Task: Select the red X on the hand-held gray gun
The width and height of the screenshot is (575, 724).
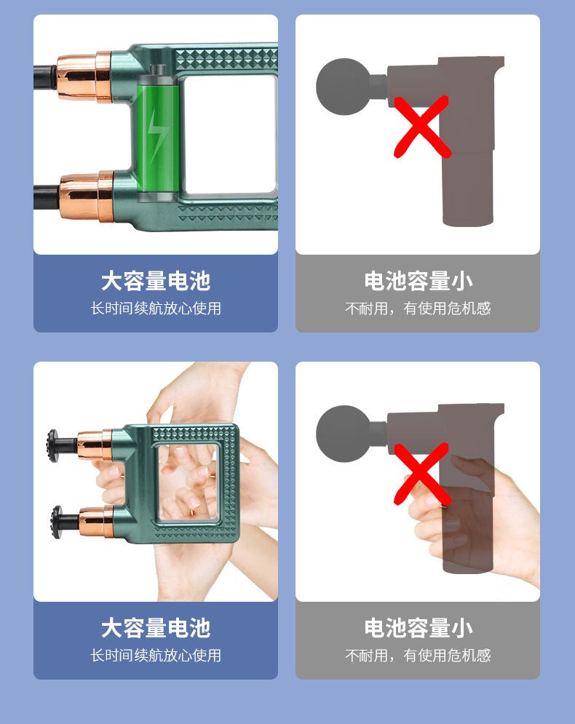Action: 421,473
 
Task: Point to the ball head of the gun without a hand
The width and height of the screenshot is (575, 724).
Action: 344,87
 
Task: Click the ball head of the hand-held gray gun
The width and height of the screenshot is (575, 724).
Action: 344,434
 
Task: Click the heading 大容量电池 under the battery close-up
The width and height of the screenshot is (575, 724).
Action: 156,281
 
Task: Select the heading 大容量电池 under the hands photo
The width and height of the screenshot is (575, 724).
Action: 156,628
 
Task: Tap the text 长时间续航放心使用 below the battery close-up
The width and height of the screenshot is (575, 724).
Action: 156,309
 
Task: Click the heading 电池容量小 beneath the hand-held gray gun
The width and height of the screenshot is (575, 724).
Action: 418,628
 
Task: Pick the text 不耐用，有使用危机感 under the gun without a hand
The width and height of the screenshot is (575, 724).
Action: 418,309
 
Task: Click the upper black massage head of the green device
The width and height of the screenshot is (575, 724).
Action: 54,442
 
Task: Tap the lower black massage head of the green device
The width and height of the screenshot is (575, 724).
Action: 54,521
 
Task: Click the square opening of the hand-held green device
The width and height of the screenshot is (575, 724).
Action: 188,482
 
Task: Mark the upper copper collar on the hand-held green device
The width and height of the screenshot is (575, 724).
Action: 95,443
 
